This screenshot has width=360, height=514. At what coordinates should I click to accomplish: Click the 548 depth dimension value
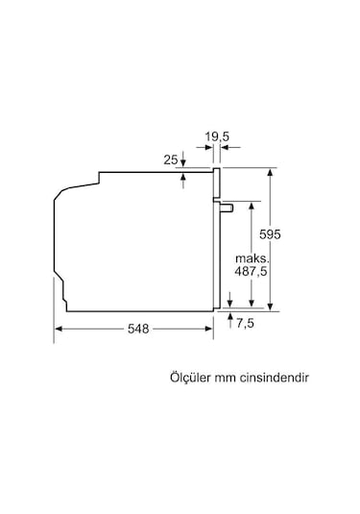pyautogui.click(x=137, y=329)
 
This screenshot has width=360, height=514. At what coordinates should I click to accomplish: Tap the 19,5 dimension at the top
pyautogui.click(x=219, y=137)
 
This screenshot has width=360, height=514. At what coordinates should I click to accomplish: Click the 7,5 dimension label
pyautogui.click(x=248, y=323)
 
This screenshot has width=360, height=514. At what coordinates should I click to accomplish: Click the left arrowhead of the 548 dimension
pyautogui.click(x=57, y=329)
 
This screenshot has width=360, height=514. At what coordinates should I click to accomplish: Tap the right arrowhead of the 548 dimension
pyautogui.click(x=210, y=329)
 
